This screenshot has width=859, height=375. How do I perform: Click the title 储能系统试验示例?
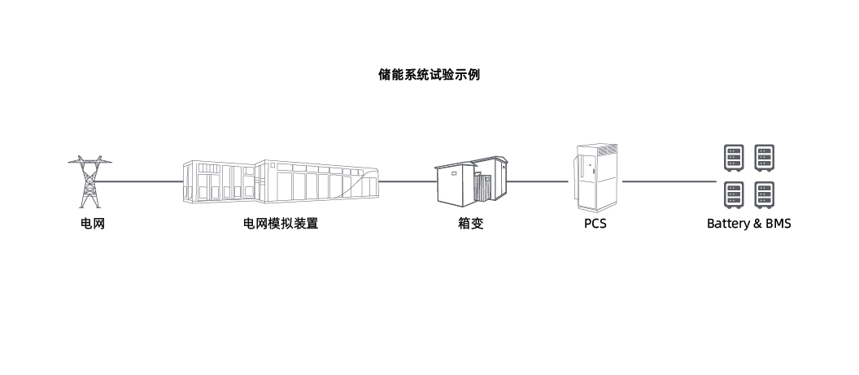pos(429,75)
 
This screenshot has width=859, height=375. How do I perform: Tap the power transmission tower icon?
pos(90,181)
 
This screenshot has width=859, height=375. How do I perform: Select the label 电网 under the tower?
pos(91,224)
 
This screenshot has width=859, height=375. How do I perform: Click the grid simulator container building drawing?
pos(281,181)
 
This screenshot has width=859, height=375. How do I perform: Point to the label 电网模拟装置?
pos(281,224)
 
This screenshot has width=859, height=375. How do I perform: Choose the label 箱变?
pos(470,224)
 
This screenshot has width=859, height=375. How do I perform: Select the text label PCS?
pos(595,224)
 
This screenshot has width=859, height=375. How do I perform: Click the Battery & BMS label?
pos(748,224)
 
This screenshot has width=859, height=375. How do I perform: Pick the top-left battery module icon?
pos(734,158)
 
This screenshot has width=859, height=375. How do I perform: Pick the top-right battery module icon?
pos(764,158)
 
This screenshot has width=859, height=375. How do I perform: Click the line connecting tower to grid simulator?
pos(142,181)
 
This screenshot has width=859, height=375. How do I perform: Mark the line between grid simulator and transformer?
pos(407,181)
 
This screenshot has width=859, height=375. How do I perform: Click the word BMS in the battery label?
pos(775,224)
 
